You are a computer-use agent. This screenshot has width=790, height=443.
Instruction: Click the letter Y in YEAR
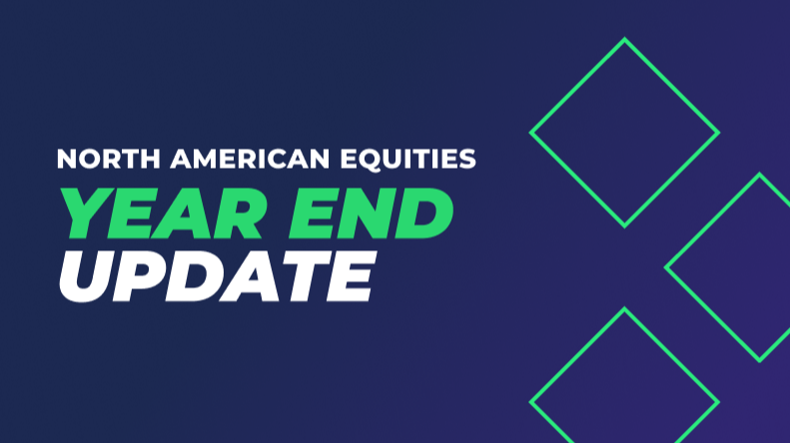(81, 213)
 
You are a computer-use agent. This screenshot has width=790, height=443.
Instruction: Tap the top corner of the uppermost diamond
(625, 40)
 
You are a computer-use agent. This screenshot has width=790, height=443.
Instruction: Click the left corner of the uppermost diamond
(531, 133)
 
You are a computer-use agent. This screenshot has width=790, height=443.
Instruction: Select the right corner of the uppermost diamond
(718, 133)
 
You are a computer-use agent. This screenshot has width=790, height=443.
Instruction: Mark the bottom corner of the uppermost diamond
(625, 225)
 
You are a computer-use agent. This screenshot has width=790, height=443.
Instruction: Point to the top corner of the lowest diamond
(625, 309)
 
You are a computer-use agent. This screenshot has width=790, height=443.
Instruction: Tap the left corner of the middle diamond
(667, 267)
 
